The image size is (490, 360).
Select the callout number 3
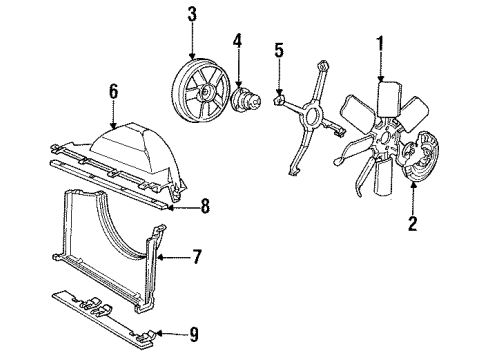point(192,14)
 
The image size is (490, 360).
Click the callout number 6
point(113,92)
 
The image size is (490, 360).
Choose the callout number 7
point(197,258)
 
